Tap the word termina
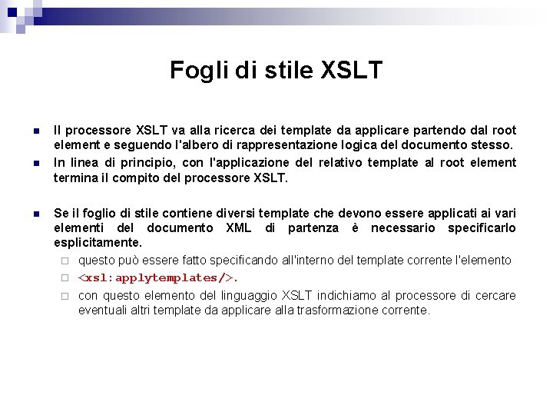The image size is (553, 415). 75,178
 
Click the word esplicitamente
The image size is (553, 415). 98,243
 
